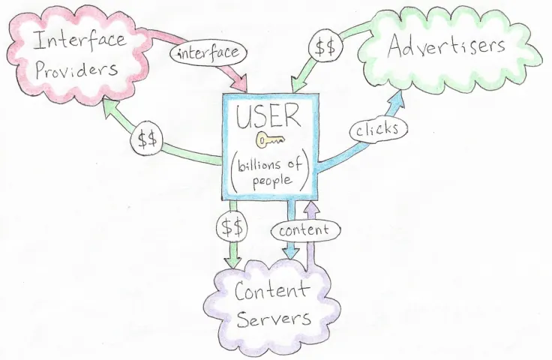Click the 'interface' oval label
click(209, 52)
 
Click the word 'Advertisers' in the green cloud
click(448, 46)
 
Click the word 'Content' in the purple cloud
click(271, 292)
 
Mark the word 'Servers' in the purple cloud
click(274, 319)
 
